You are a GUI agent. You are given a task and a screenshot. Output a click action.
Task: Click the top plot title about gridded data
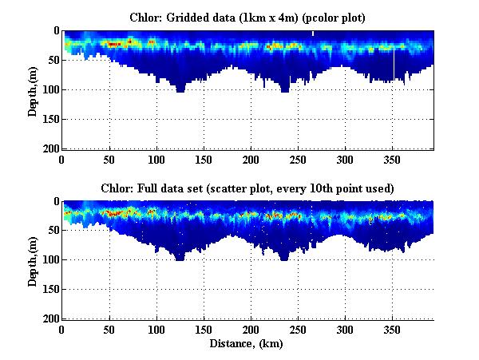(247, 17)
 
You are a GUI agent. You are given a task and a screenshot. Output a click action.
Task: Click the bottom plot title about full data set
(247, 188)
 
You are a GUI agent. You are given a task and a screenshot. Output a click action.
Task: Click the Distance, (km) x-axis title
(247, 344)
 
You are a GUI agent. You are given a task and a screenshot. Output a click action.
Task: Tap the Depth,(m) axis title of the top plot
(33, 90)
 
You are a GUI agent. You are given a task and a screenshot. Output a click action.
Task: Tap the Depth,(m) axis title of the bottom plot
(33, 260)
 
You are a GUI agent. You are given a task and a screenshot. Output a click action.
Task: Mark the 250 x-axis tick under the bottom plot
(298, 329)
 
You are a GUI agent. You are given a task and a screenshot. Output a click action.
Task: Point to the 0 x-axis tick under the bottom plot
(62, 329)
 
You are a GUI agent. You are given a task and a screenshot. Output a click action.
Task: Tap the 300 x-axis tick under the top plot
(344, 158)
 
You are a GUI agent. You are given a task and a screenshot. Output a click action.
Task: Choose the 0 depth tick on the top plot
(53, 31)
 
